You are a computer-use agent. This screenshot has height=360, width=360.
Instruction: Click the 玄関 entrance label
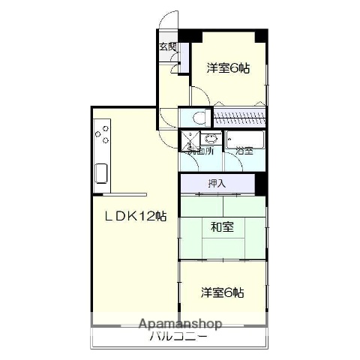point(167,46)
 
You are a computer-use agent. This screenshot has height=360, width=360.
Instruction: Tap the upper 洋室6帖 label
point(228,67)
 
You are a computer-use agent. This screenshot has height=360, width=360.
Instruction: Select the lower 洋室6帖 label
point(222,292)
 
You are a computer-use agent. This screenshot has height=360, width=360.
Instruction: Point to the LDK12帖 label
point(135,216)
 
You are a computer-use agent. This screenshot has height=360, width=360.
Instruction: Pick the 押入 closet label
point(217,184)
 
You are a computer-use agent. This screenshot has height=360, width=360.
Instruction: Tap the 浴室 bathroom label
point(244,151)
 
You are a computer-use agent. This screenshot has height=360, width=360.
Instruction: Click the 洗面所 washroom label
point(201,151)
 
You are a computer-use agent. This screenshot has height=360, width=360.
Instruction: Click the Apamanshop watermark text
point(180,324)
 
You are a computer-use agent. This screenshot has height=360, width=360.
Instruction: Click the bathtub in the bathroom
point(245,139)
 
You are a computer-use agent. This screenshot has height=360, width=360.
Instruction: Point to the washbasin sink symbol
point(211,139)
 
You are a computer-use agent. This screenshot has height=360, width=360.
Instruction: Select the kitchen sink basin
point(101,177)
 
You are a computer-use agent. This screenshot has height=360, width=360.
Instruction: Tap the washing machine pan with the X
point(189,139)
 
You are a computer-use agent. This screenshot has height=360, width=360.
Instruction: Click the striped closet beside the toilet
point(240,118)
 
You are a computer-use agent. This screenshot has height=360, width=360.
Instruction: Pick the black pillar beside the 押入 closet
point(260,183)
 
